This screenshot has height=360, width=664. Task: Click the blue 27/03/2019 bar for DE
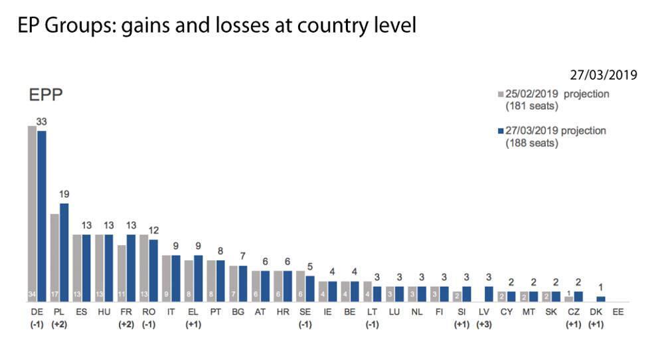coord(42,217)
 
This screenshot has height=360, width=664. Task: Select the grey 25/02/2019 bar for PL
coord(55,258)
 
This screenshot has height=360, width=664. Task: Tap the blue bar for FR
coord(131,268)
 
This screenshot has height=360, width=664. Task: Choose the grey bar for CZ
coord(569,299)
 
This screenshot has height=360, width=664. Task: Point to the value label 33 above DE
coord(41,122)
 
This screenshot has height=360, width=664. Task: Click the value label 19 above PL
coord(64,194)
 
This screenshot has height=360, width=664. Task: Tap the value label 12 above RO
coord(153,230)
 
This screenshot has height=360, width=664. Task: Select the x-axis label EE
coord(618,312)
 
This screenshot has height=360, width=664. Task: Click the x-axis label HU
coord(104,312)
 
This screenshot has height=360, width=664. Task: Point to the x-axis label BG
coord(238,312)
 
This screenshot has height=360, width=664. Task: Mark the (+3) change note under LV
coord(485,325)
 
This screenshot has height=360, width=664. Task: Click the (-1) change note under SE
coord(305,325)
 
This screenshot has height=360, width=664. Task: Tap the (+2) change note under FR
coord(126,325)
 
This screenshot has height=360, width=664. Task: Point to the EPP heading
coord(46,95)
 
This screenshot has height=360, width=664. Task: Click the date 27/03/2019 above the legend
coord(603,74)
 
